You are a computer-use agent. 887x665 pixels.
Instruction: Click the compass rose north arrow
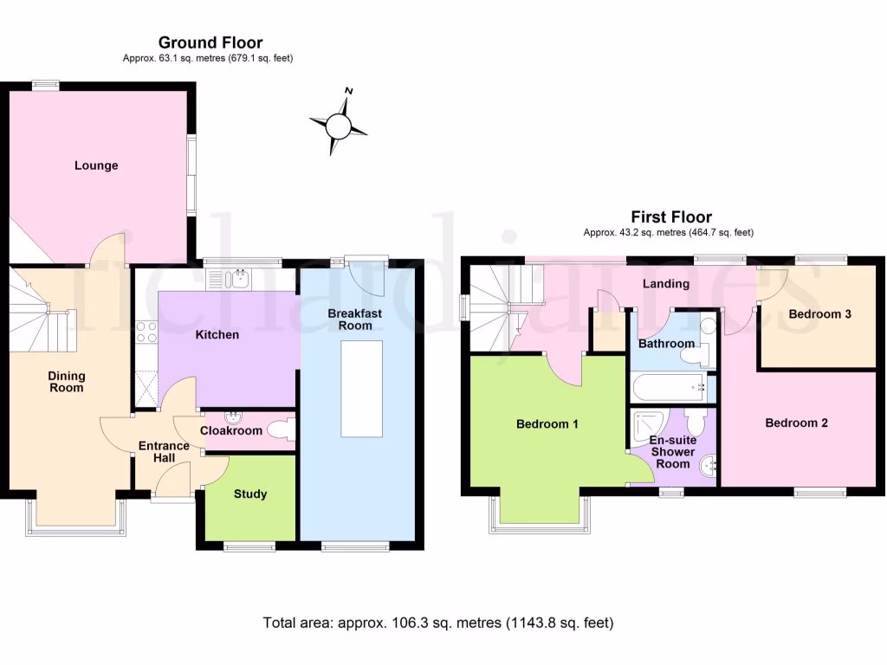(x=339, y=126)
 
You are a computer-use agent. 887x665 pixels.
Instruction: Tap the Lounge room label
(x=96, y=165)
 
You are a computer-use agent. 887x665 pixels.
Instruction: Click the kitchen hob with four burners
(x=146, y=332)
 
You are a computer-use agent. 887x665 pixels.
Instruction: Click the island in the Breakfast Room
(x=361, y=389)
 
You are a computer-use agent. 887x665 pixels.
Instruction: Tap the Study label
(x=250, y=494)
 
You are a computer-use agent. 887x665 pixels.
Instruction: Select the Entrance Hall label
(x=164, y=451)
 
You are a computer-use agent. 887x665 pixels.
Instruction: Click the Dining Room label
(x=66, y=382)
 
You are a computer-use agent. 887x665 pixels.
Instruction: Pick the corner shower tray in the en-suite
(x=648, y=423)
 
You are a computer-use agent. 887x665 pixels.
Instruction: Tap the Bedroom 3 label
(x=819, y=314)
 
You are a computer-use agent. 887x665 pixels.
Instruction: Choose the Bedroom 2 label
(x=796, y=423)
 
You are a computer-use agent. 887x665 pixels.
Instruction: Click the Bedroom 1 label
(x=547, y=424)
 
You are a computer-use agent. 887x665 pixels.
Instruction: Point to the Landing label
(x=665, y=283)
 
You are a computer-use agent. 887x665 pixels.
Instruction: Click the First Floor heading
(x=671, y=217)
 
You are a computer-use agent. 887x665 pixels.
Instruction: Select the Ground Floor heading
(x=210, y=42)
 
